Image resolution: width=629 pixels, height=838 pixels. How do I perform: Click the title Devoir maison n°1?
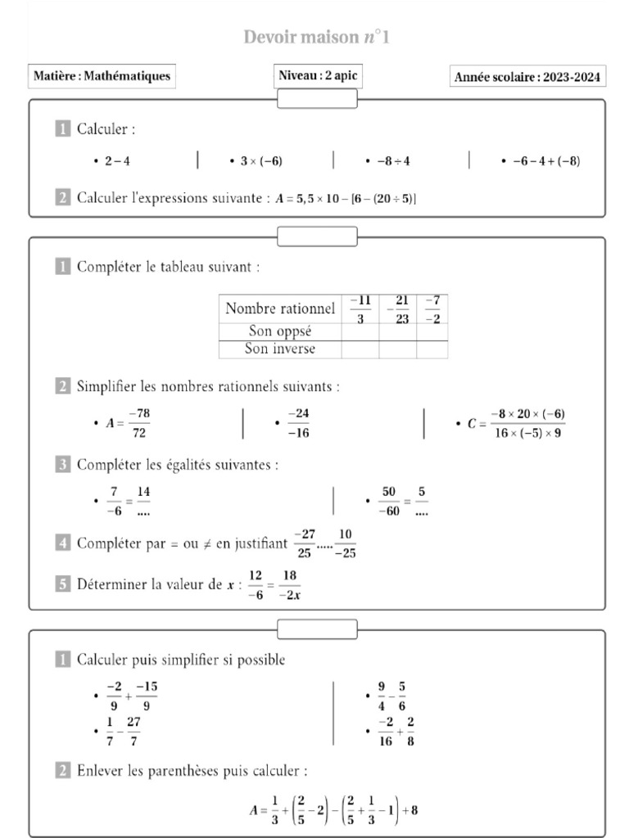click(x=321, y=38)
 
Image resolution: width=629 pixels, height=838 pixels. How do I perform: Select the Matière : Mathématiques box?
click(x=102, y=76)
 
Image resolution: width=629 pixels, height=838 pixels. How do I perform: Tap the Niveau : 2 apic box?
click(x=318, y=76)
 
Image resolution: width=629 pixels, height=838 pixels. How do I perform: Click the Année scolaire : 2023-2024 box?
click(x=528, y=78)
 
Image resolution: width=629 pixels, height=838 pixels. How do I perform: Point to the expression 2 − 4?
click(x=117, y=161)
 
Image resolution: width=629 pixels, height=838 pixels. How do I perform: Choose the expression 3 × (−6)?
click(x=261, y=161)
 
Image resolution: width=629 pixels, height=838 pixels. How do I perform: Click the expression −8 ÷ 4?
click(x=393, y=161)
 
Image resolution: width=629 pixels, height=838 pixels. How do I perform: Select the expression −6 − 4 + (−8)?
click(x=545, y=161)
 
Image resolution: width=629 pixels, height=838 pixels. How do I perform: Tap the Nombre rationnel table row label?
click(x=280, y=309)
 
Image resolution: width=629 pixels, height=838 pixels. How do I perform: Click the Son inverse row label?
click(x=280, y=349)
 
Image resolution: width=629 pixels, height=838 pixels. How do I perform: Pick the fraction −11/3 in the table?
click(x=360, y=309)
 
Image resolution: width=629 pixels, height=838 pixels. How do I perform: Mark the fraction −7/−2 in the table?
click(x=432, y=309)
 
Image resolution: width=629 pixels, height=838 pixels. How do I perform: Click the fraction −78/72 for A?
click(x=138, y=424)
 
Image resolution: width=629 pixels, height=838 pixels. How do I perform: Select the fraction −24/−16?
click(x=297, y=424)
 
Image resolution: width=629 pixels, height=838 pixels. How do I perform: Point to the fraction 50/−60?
click(x=388, y=501)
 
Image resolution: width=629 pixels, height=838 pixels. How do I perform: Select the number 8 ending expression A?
click(x=414, y=811)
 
